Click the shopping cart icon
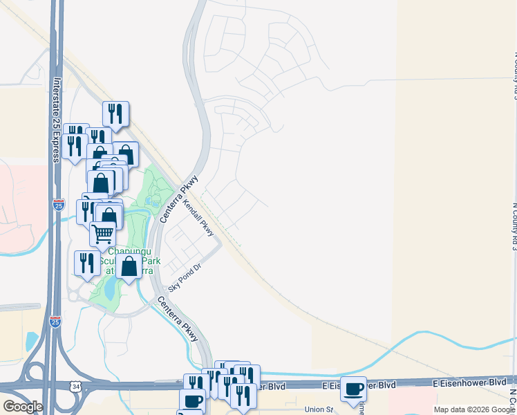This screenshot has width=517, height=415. coord(103,234)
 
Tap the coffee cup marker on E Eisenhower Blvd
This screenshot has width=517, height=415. coord(353,389)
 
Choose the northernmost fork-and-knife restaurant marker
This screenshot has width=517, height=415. coord(116,113)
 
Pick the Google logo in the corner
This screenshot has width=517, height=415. coord(23,407)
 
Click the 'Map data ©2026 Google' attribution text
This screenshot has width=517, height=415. coord(474,409)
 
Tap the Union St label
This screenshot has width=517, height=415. coord(319,409)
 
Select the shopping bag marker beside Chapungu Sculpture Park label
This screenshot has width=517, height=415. coord(129,266)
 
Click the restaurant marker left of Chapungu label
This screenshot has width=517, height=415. coord(87,263)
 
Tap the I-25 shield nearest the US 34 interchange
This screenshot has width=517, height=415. coord(56,321)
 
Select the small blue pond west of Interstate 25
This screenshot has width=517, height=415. coord(31,341)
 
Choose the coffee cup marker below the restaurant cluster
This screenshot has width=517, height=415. coord(192,400)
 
